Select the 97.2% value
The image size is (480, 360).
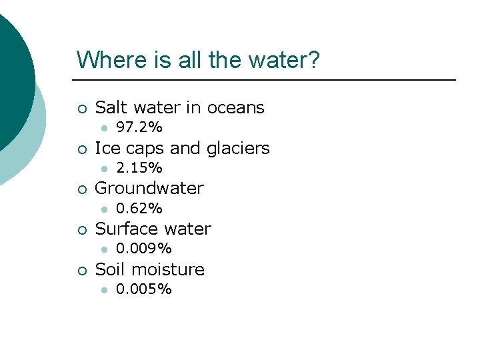pos(139,127)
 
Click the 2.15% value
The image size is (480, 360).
pos(139,168)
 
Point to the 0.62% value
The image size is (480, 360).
pos(139,209)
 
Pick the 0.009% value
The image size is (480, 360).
pos(144,249)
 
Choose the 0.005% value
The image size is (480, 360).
pos(144,289)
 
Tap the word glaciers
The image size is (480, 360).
pos(238,148)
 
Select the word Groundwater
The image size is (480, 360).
pos(149,189)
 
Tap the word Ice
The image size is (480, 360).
pos(107,148)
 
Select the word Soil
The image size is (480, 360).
pos(111,269)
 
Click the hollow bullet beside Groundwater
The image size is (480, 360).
pos(81,189)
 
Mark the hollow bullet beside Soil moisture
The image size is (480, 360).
pos(81,270)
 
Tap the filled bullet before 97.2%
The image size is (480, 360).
pos(103,128)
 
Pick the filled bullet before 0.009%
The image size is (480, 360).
pos(103,249)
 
